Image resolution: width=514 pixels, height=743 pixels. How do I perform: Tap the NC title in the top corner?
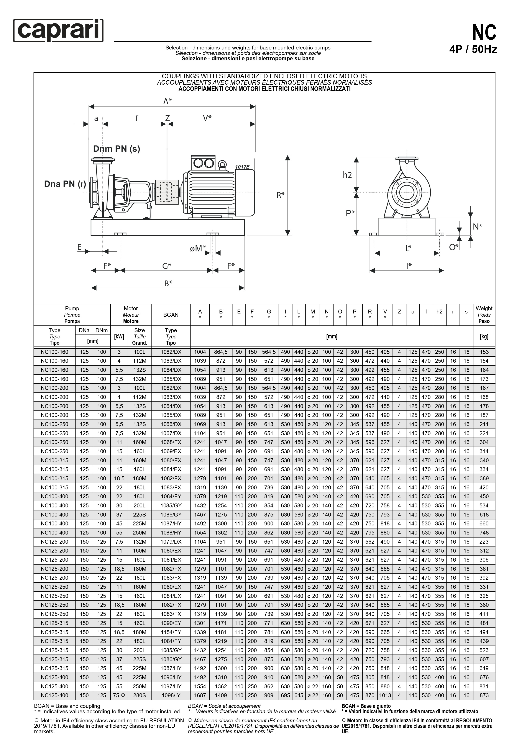484,32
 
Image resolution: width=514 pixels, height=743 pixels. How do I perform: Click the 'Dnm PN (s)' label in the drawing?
117,149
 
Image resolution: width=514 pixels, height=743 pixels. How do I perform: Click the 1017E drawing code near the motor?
242,167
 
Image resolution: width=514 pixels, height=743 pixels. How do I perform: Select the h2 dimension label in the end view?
347,175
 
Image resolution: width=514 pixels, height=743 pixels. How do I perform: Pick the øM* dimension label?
198,248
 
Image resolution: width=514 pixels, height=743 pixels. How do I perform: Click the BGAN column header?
171,315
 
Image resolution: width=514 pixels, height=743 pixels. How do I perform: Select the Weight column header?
484,315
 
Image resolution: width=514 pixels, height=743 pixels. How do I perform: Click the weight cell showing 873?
484,695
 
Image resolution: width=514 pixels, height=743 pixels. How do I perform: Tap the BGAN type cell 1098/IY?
171,695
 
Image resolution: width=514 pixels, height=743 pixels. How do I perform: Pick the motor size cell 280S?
140,695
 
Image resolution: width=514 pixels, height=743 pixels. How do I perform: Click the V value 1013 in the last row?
385,695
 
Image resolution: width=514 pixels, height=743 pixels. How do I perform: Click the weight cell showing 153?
484,352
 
